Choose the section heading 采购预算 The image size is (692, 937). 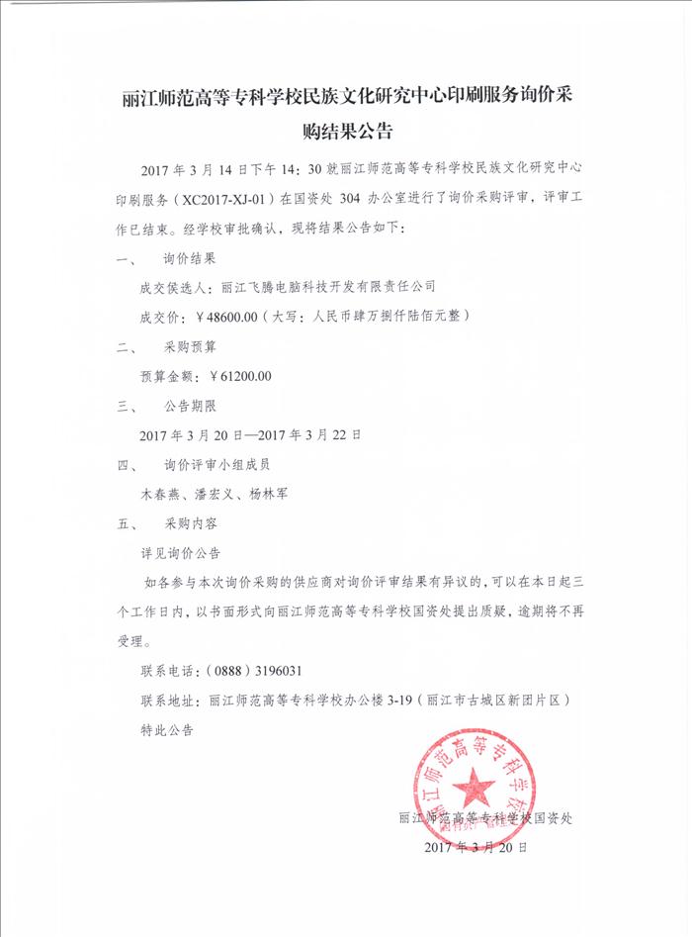[189, 347]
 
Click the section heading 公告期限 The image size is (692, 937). [189, 406]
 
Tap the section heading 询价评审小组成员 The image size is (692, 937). [216, 464]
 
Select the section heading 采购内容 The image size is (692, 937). [189, 522]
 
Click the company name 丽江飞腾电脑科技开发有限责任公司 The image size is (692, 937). [328, 288]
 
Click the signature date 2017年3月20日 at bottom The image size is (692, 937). [475, 848]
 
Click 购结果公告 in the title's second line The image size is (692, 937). [347, 131]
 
